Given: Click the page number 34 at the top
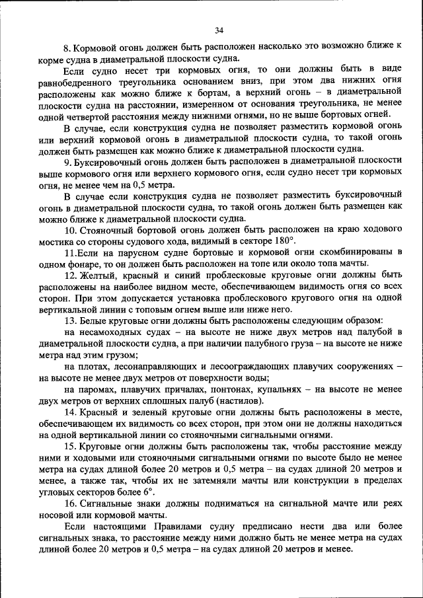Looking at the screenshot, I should pos(219,30).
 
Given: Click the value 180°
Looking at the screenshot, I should pos(284,241).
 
